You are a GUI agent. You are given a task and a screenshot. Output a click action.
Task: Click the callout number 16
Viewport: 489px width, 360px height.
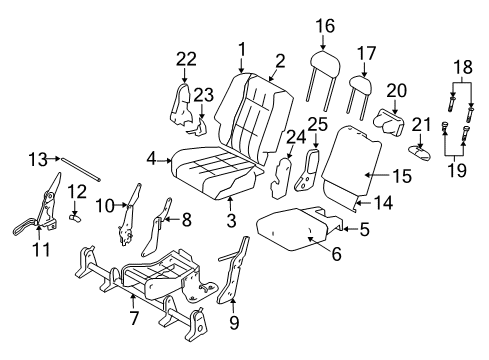(323, 26)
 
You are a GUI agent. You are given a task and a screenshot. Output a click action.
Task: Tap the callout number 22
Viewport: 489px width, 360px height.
(186, 61)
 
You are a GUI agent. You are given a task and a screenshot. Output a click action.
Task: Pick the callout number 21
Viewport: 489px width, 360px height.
(421, 125)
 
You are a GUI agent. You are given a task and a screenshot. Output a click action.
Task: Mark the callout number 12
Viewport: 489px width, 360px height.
(76, 191)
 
